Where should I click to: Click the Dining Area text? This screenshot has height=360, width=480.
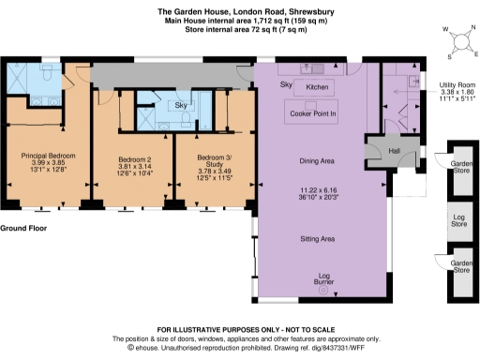tap(318, 161)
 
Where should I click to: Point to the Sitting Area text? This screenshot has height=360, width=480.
tap(318, 240)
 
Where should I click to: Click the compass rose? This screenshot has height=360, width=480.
tap(458, 42)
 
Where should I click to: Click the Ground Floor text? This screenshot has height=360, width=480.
tap(25, 228)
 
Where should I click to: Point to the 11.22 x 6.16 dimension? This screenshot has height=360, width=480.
tap(318, 190)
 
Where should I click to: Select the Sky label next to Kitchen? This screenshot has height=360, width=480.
tap(288, 84)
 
